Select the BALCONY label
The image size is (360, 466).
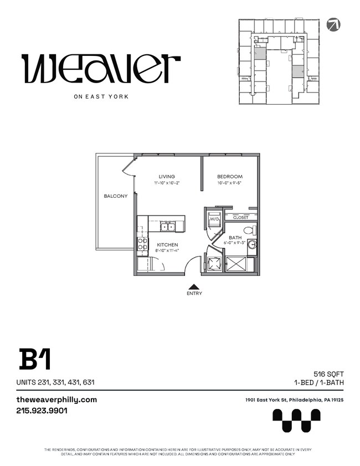tap(115, 196)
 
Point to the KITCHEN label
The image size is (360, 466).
tap(167, 244)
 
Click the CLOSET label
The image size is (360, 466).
tap(240, 218)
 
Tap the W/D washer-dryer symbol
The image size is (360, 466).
tap(214, 219)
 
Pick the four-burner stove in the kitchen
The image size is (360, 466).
tap(142, 244)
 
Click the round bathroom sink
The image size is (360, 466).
tap(252, 244)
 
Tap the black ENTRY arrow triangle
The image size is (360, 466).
tap(194, 286)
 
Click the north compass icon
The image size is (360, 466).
tap(334, 24)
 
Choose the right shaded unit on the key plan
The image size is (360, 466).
tap(298, 71)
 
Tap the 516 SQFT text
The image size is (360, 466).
tap(328, 374)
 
